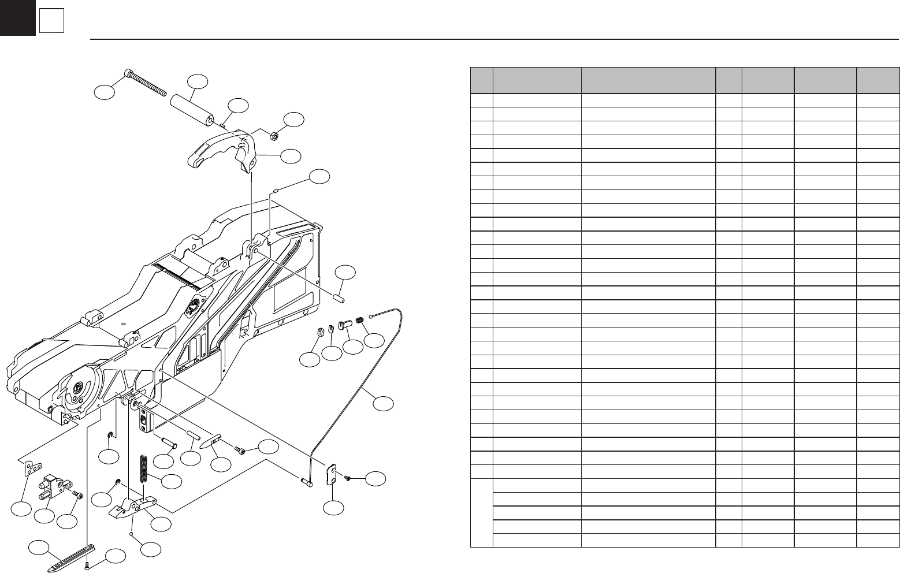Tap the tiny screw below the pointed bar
(87, 565)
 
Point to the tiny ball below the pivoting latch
(133, 534)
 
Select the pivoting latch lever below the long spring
(133, 507)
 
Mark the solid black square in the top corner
(17, 17)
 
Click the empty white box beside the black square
(51, 21)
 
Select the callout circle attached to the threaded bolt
(105, 92)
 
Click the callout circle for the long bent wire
(382, 404)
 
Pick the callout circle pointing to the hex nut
(294, 120)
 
